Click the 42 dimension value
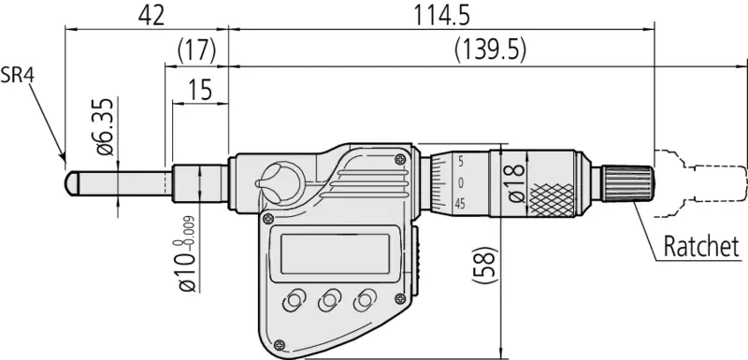point(151,16)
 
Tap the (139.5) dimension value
point(490,50)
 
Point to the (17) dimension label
point(196,50)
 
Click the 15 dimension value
point(200,89)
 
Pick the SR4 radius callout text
point(17,76)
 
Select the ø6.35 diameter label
point(106,126)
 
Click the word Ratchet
point(701,247)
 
